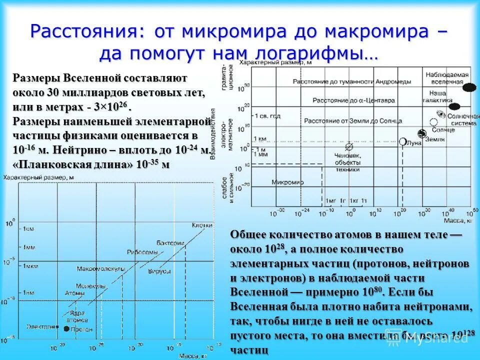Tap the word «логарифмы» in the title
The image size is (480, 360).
tap(313, 53)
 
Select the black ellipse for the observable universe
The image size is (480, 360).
tap(469, 87)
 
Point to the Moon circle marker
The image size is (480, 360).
tap(403, 141)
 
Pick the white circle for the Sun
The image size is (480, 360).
tap(433, 121)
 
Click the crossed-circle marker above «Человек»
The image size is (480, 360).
tap(349, 146)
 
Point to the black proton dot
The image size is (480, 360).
tap(66, 328)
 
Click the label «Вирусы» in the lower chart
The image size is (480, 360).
tap(159, 270)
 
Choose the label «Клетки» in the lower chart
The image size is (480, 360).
tap(202, 225)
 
